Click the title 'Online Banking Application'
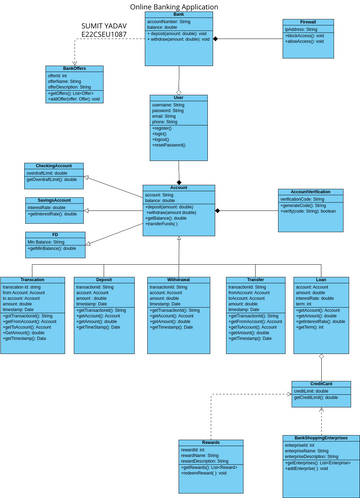point(179,6)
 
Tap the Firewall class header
point(307,19)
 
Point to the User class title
point(179,98)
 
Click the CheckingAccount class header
point(53,166)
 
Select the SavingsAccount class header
point(53,199)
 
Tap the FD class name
point(55,233)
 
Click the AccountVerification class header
point(310,191)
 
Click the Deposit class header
point(103,280)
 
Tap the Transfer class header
point(254,280)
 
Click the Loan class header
point(320,280)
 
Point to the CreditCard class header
point(321,383)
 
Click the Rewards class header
point(210,414)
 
